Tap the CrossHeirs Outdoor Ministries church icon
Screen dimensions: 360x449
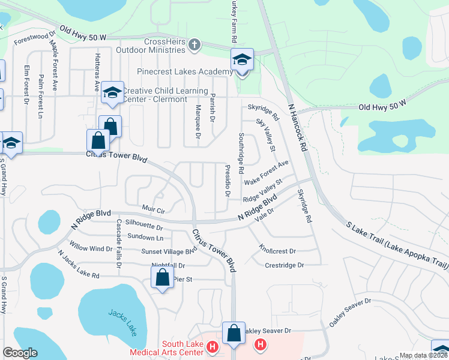click(x=194, y=45)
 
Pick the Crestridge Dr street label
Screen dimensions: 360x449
click(x=285, y=265)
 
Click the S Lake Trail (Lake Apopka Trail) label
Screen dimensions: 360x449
click(x=397, y=245)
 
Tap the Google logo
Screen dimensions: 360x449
click(x=19, y=353)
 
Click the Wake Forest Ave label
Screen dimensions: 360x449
click(x=267, y=172)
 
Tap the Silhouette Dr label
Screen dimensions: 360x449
click(x=140, y=227)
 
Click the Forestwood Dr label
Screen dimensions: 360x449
click(x=35, y=38)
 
